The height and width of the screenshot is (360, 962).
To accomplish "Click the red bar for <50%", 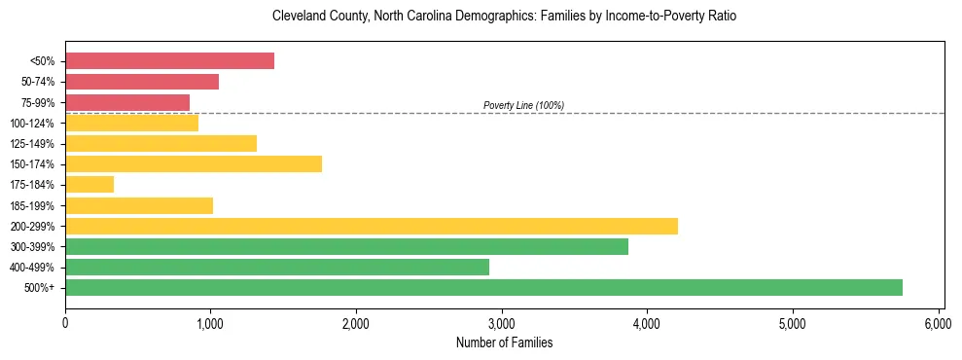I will click(169, 61).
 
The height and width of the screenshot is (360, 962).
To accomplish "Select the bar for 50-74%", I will click(142, 82).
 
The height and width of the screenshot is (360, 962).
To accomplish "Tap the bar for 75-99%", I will click(127, 102).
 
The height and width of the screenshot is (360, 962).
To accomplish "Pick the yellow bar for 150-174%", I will click(194, 163).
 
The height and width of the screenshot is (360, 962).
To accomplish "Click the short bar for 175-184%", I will click(89, 184).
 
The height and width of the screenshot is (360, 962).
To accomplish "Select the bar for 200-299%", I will click(372, 226).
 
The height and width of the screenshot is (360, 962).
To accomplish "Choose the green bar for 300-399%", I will click(346, 246).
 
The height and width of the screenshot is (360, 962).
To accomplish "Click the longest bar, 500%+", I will click(483, 287).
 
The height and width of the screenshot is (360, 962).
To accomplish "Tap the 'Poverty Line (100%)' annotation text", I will click(523, 105).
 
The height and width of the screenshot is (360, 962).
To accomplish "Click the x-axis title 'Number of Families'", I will click(504, 342).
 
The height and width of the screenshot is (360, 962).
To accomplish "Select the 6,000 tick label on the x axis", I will click(937, 322).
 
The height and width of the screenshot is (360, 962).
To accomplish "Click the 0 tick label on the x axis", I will click(65, 322).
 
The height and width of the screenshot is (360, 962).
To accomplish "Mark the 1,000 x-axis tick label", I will click(210, 322).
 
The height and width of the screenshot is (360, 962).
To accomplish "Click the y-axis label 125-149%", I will click(32, 144).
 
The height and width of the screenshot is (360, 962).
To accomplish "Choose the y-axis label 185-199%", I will click(32, 205).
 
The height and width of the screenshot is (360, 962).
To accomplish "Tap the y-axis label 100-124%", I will click(32, 124).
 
